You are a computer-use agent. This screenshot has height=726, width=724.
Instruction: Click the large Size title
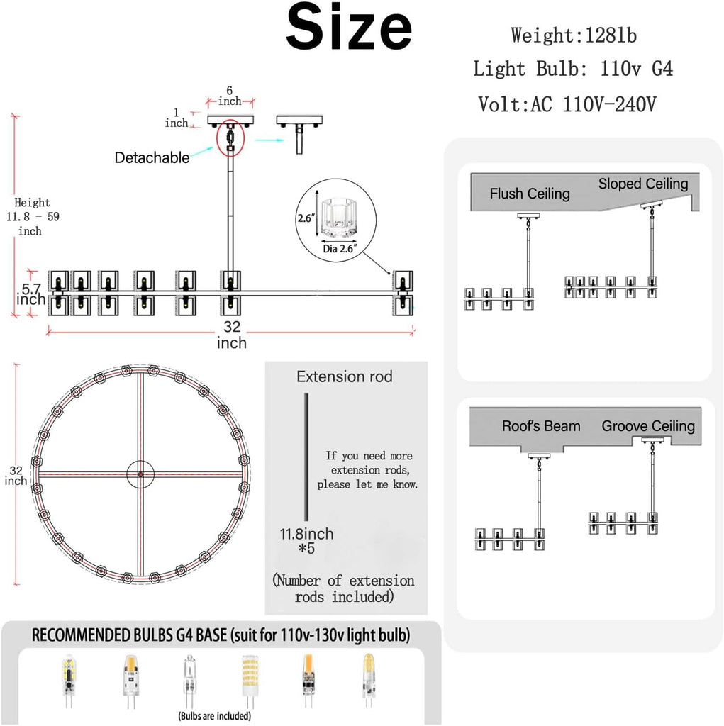[348, 27]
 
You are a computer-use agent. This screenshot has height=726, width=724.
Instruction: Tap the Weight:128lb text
[574, 35]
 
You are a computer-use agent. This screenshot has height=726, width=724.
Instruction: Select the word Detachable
[152, 158]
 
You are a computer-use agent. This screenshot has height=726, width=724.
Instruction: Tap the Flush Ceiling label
[530, 193]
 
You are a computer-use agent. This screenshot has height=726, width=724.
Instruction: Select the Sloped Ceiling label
[643, 184]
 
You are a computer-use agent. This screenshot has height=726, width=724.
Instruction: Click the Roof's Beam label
[541, 425]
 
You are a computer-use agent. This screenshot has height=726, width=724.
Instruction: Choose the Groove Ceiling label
[648, 425]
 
